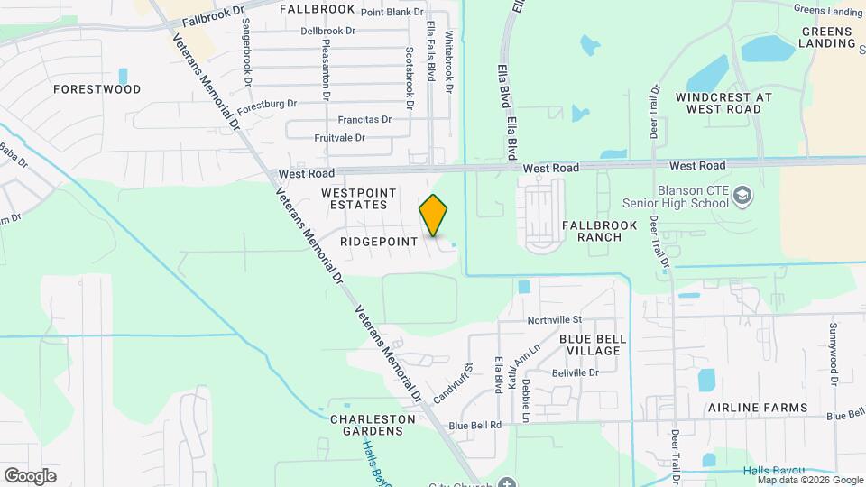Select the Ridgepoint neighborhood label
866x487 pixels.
pyautogui.click(x=379, y=242)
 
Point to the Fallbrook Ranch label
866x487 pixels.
pyautogui.click(x=599, y=231)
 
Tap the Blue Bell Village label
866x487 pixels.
pyautogui.click(x=589, y=345)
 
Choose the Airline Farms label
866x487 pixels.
pyautogui.click(x=758, y=408)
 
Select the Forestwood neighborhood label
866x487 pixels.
pyautogui.click(x=97, y=89)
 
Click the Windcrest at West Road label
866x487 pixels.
pyautogui.click(x=723, y=103)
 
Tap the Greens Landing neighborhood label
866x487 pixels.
pyautogui.click(x=827, y=37)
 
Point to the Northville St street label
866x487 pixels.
pyautogui.click(x=555, y=320)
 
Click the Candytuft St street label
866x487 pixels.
pyautogui.click(x=453, y=384)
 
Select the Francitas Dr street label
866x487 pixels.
pyautogui.click(x=364, y=119)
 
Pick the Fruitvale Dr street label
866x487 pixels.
pyautogui.click(x=339, y=138)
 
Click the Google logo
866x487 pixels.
pyautogui.click(x=30, y=476)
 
